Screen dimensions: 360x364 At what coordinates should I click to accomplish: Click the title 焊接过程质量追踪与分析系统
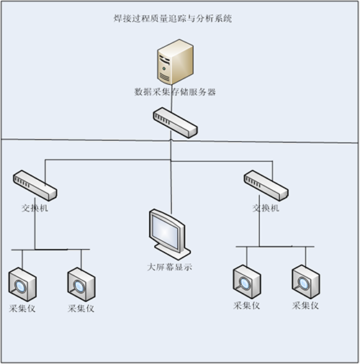click(173, 19)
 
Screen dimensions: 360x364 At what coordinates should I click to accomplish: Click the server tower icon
click(175, 62)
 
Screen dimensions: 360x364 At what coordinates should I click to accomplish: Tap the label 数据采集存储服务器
click(175, 92)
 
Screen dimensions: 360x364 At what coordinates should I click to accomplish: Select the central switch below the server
click(175, 122)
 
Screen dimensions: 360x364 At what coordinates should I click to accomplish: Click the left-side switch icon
click(35, 186)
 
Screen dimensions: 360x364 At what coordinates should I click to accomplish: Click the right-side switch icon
click(266, 186)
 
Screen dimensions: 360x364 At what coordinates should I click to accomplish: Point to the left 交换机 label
click(35, 208)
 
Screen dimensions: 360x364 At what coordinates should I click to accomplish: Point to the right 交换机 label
click(266, 208)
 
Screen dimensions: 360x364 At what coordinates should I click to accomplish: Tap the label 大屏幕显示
click(170, 267)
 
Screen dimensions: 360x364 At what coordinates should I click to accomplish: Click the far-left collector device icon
click(22, 284)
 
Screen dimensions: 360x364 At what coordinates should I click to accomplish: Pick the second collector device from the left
click(81, 284)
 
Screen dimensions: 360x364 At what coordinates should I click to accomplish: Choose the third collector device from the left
click(247, 282)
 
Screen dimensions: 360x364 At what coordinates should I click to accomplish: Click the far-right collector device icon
click(306, 282)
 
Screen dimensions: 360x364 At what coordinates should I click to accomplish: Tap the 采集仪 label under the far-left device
click(22, 309)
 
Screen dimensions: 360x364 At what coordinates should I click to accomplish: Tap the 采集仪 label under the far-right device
click(305, 306)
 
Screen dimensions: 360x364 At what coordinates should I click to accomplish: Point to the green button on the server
click(164, 69)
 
